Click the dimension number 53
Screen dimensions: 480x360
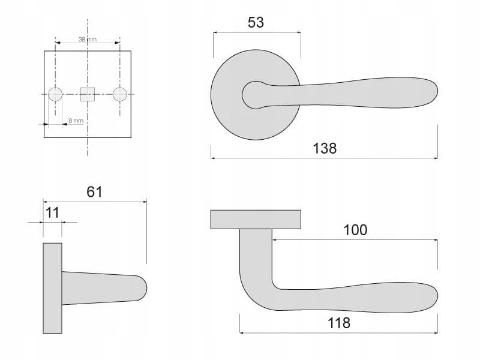click(256, 22)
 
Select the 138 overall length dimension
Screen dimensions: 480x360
click(325, 148)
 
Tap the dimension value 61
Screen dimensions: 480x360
click(94, 192)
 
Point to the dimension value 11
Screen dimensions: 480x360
click(52, 213)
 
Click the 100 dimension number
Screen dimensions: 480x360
click(355, 230)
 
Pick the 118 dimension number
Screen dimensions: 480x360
click(339, 323)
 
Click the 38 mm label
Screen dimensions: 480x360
click(88, 40)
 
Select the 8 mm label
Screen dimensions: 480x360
click(76, 121)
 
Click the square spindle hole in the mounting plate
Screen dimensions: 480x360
click(88, 94)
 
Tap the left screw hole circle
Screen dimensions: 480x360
click(55, 94)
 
